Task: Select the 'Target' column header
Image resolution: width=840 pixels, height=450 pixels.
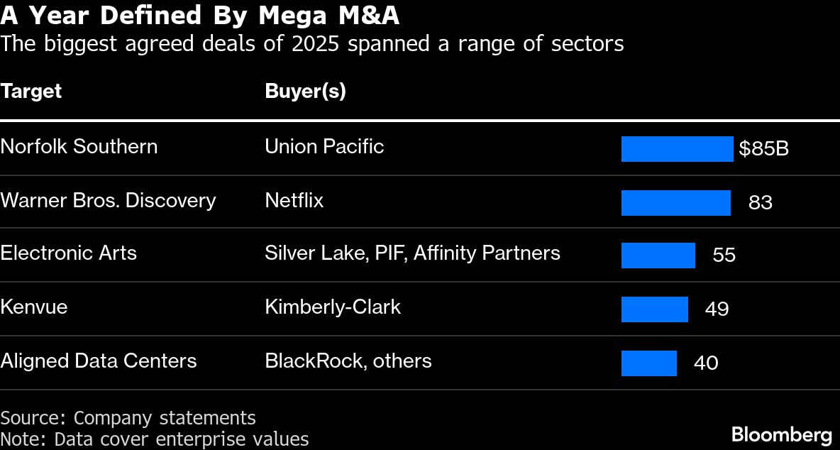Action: coord(31,92)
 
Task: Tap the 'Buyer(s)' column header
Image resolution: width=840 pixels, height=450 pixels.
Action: coord(305,92)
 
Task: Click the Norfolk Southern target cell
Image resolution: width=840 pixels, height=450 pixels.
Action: coord(79,147)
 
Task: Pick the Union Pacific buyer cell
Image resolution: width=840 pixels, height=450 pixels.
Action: coord(324,147)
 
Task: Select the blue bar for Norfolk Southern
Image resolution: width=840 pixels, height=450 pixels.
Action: coord(677,149)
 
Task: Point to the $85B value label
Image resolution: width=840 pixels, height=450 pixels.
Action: coord(763,149)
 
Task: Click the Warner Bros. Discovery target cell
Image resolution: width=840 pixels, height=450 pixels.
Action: coord(108,201)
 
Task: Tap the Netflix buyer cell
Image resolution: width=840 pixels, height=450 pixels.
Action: coord(294,201)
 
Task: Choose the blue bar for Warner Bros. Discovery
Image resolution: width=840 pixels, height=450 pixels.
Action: coord(675,203)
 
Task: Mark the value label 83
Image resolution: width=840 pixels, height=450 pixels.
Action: coord(760,203)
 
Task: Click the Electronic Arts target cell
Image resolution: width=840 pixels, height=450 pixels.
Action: coord(68,253)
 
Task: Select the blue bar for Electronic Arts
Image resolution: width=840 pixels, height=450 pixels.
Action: coord(658,256)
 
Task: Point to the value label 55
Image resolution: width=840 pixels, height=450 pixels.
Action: coord(724,256)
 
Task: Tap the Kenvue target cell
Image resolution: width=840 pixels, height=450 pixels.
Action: coord(34,307)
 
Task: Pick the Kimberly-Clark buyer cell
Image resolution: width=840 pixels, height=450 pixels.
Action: coord(332,307)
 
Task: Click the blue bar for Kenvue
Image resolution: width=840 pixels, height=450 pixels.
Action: coord(654,309)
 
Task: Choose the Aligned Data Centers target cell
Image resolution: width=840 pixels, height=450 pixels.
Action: coord(98,361)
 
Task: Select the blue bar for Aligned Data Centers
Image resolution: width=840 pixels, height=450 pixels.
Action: coord(648,363)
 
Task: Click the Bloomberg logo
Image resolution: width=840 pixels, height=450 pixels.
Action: coord(781,434)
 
